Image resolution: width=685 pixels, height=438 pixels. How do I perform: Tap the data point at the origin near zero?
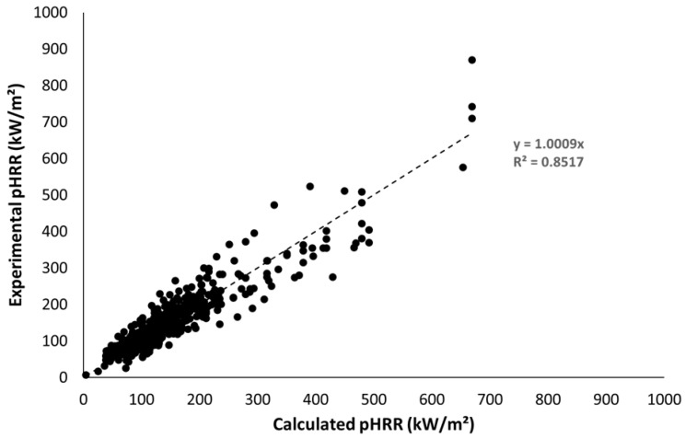pyautogui.click(x=86, y=375)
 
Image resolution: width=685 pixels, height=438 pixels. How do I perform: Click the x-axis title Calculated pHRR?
pyautogui.click(x=373, y=424)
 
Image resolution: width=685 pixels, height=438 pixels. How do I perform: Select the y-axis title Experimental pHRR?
pyautogui.click(x=17, y=194)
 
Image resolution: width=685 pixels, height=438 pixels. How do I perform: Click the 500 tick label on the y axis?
pyautogui.click(x=58, y=194)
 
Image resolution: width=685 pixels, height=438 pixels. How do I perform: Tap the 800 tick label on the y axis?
pyautogui.click(x=58, y=85)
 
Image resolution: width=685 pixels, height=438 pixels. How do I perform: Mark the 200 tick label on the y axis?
pyautogui.click(x=58, y=305)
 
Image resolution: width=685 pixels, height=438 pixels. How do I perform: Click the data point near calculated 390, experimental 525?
pyautogui.click(x=310, y=187)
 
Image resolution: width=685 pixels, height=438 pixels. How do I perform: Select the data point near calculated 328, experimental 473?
pyautogui.click(x=273, y=205)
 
